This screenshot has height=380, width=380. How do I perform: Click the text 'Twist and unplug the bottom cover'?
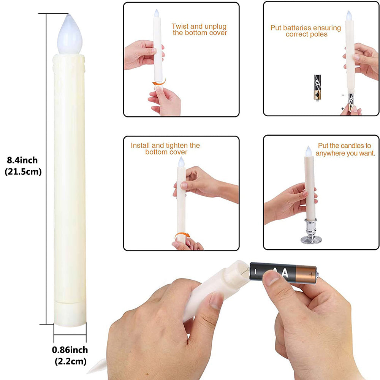point(199,30)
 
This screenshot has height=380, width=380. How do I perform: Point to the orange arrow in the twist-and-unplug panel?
point(159,82)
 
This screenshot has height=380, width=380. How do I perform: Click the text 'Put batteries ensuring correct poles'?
point(306,31)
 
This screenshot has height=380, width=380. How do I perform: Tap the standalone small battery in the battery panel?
point(317,87)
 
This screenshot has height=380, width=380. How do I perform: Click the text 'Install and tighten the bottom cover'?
point(165,149)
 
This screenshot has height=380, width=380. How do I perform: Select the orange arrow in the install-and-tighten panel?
point(182,236)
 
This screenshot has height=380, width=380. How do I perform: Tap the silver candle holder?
point(311,232)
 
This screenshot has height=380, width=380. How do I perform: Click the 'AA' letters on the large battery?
point(283,272)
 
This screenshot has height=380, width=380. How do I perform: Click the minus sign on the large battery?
point(256,271)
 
